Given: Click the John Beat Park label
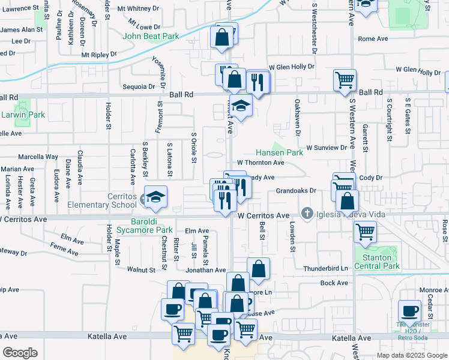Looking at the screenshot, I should [x=151, y=37].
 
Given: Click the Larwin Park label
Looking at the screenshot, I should [x=14, y=115].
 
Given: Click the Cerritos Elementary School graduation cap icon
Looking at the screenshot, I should [x=155, y=197].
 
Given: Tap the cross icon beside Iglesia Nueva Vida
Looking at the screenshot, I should [x=307, y=214].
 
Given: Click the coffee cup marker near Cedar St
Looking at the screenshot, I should [x=410, y=311].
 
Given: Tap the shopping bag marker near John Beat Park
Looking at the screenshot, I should [x=222, y=37].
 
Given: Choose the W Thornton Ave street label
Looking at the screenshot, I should [x=261, y=163].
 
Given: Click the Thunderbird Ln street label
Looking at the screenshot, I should [x=326, y=269].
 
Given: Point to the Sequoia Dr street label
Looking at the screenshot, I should [x=139, y=87].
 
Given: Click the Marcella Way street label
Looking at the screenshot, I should [x=38, y=156].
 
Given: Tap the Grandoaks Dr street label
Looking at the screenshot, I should [x=295, y=191].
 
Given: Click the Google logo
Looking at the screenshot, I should [x=20, y=353].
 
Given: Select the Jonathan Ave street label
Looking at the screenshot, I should [x=205, y=271].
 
